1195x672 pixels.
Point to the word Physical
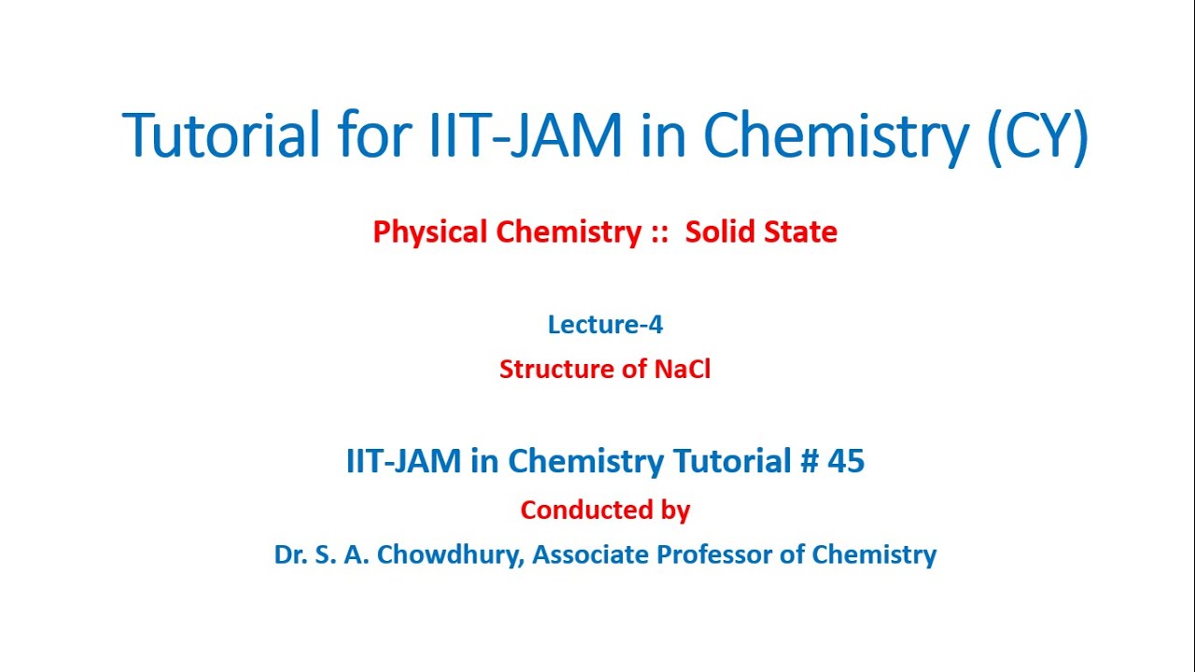pos(430,231)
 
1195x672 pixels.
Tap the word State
pos(799,231)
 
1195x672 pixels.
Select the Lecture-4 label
pos(605,324)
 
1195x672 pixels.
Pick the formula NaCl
pos(682,369)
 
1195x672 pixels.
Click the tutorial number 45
pos(846,460)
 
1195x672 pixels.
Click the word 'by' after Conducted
pos(675,511)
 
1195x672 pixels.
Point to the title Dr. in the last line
pos(290,554)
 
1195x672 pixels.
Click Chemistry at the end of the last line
pos(874,554)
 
